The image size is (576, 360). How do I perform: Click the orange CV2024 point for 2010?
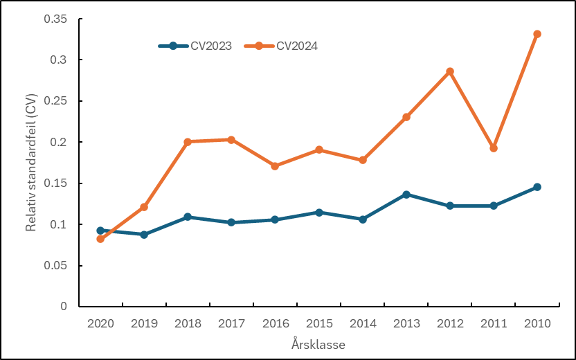click(537, 34)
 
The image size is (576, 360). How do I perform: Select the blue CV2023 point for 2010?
click(537, 187)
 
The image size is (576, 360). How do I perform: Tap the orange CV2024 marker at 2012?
click(450, 71)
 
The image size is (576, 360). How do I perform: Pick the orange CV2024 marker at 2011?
click(494, 148)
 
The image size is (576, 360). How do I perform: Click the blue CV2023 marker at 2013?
click(406, 195)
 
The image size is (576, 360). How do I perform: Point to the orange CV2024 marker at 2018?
click(188, 142)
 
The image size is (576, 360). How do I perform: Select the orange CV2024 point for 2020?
click(100, 239)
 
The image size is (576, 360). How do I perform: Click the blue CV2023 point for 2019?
click(144, 235)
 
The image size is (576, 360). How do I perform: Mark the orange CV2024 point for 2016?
click(275, 166)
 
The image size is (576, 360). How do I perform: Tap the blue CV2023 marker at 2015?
click(319, 213)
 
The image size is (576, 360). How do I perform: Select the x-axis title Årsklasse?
click(318, 344)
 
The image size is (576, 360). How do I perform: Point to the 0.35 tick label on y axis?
click(55, 19)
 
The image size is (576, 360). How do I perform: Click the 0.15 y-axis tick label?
click(55, 183)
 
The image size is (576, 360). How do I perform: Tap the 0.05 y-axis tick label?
click(55, 266)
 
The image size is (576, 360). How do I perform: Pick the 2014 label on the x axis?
click(362, 323)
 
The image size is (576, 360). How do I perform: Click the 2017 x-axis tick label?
click(231, 323)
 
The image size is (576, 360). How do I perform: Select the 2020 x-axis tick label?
click(100, 323)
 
